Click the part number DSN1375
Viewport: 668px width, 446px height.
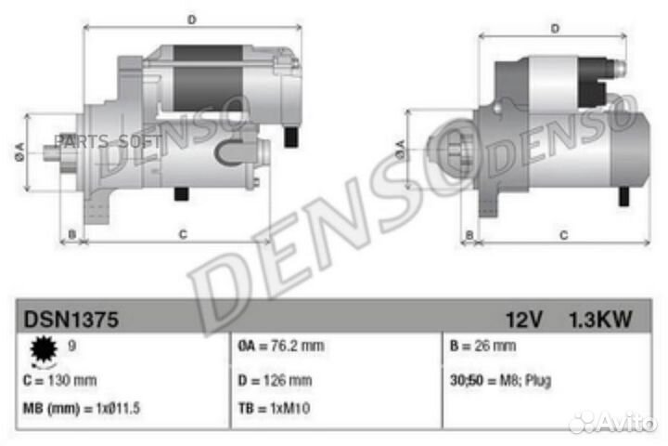71,320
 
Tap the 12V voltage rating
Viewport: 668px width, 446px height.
523,320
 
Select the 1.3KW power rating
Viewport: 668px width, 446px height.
600,320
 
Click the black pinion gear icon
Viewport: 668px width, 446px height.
44,351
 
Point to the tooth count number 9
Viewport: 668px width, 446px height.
72,346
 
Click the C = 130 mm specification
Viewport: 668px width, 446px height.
59,380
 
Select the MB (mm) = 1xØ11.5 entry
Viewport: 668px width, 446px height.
82,409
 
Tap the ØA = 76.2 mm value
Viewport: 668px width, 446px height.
281,346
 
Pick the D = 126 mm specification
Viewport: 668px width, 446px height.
275,380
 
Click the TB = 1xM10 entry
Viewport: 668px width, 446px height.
274,409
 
